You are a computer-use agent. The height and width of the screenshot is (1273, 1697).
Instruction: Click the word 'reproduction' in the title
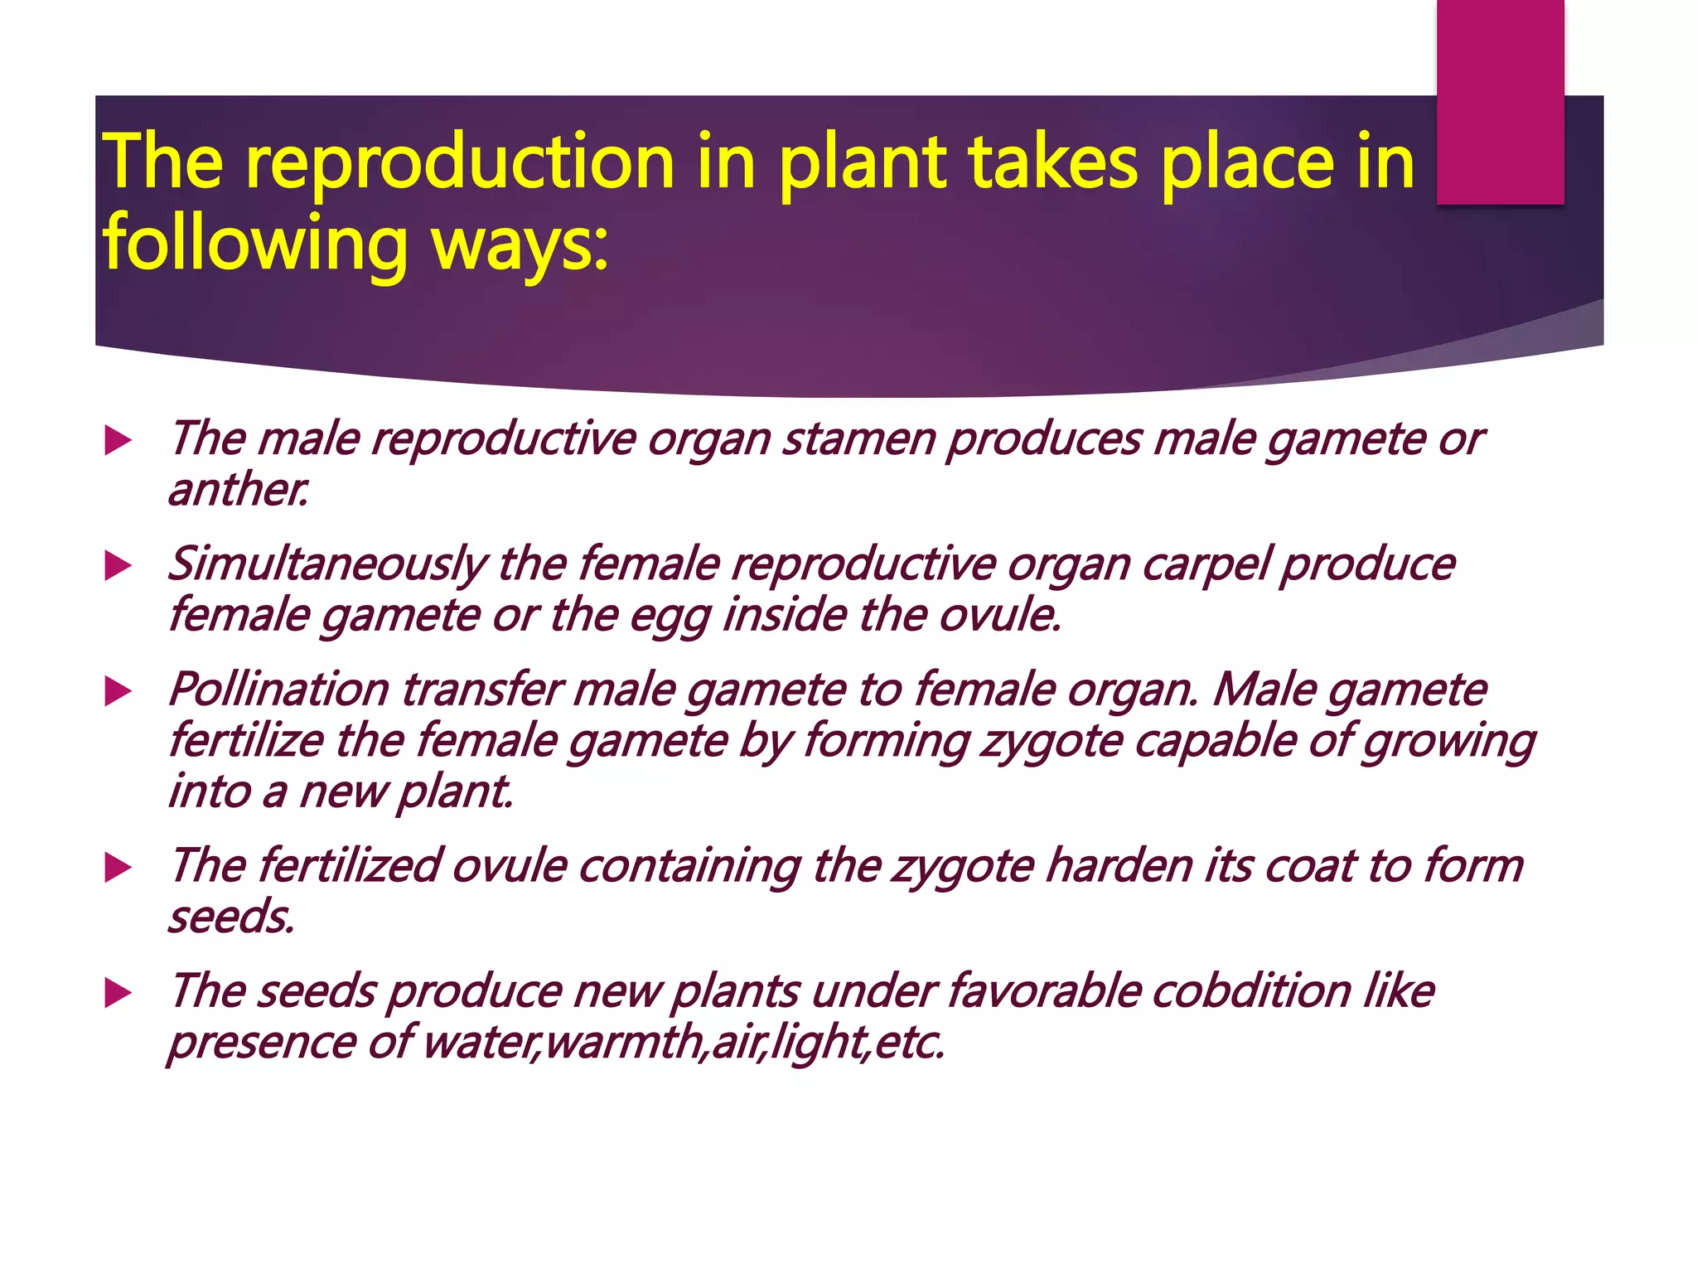point(460,163)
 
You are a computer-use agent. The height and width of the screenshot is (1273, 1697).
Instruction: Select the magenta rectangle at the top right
point(1500,101)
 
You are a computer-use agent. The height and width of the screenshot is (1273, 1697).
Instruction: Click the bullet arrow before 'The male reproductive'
point(118,441)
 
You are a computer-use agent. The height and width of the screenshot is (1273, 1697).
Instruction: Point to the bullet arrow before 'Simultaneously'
point(118,567)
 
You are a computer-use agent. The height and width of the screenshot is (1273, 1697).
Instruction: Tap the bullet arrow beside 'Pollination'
point(118,692)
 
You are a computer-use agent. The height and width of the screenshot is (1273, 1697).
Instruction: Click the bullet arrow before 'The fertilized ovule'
point(118,869)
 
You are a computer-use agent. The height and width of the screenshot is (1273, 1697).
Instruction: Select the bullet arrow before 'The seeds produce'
point(118,993)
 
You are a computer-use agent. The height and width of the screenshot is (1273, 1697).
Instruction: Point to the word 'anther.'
point(239,490)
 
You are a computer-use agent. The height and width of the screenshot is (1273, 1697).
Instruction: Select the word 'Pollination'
point(278,690)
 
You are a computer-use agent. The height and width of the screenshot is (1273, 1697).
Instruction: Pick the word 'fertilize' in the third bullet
point(246,740)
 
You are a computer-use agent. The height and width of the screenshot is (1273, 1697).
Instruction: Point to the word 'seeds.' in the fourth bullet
point(232,917)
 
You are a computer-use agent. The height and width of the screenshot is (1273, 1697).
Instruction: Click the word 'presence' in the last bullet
point(262,1043)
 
